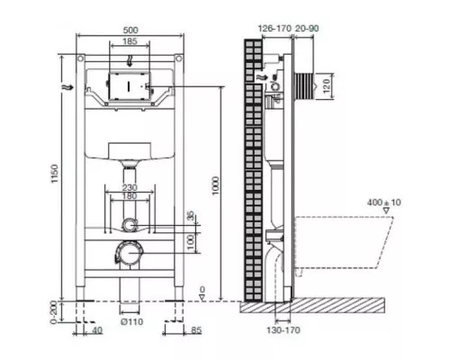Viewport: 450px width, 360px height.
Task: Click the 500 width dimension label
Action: coord(130,31)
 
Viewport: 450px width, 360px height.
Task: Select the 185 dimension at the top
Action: coord(130,41)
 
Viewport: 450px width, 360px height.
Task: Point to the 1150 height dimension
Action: coord(54,174)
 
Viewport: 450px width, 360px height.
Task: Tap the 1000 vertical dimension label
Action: coord(215,186)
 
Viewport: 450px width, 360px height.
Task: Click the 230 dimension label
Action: coord(130,188)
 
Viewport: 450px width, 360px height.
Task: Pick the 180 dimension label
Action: coord(130,196)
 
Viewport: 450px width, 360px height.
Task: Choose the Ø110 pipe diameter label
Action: coord(131,322)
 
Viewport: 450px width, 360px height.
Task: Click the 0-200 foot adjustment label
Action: coord(54,313)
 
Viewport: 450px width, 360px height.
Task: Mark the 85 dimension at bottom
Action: coord(196,330)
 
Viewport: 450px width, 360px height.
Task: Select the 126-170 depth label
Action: coord(274,29)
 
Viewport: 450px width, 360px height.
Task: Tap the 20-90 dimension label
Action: coord(307,29)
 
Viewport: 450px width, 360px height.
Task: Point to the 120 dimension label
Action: coord(327,85)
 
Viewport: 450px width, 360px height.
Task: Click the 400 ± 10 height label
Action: coord(384,202)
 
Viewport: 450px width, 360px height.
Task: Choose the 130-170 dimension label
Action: coord(283,330)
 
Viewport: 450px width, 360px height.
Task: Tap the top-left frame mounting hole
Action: coord(80,58)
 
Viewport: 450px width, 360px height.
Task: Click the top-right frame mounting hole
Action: coord(179,58)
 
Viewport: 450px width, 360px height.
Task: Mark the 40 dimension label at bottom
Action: coord(96,330)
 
